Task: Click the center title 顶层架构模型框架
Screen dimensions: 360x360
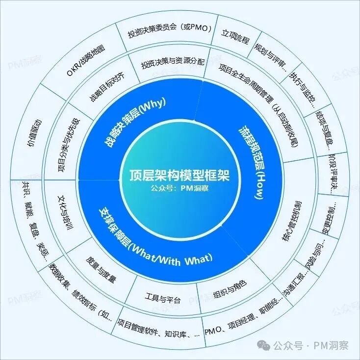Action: [180, 175]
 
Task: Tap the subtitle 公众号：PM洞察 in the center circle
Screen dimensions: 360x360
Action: [180, 187]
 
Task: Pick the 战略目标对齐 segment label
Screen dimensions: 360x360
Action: [106, 87]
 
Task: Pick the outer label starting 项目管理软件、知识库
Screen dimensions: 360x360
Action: [158, 333]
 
